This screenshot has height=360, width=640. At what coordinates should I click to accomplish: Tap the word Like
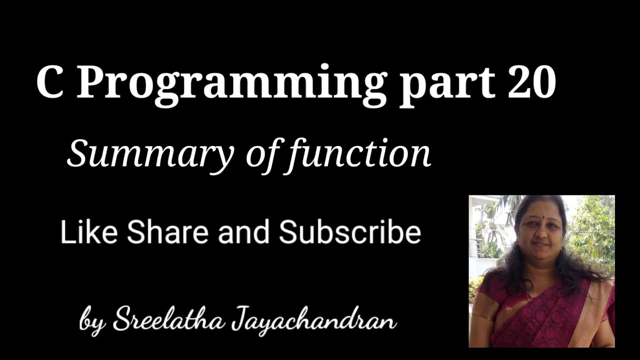point(89,233)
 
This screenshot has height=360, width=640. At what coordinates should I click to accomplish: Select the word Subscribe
point(349,233)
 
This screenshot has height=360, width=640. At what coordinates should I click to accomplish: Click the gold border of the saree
point(595,310)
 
